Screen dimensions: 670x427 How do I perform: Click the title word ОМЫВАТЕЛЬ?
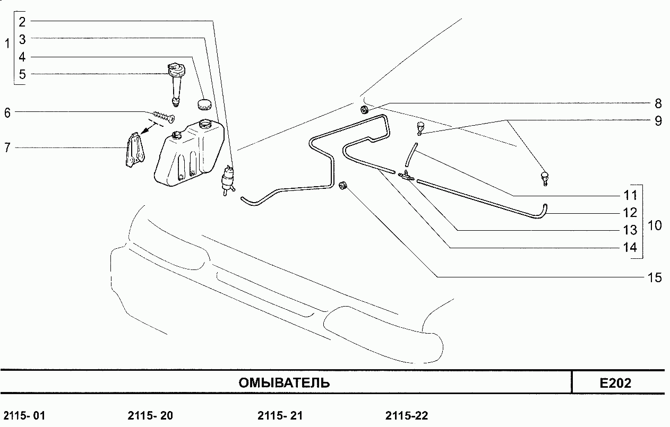click(x=284, y=383)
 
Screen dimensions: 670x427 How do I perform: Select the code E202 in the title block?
click(x=615, y=383)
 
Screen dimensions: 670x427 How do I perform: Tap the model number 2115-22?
click(x=407, y=416)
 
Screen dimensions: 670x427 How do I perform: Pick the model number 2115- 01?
click(x=24, y=416)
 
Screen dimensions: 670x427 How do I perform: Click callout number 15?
click(x=655, y=277)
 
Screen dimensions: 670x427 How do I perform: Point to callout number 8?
click(x=658, y=103)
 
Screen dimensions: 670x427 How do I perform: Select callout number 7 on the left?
click(x=7, y=147)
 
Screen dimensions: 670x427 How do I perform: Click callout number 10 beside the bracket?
click(x=655, y=225)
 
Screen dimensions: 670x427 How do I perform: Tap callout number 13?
click(x=630, y=230)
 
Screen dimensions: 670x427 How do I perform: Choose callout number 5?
click(x=22, y=74)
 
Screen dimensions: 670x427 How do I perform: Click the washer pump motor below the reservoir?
click(x=228, y=181)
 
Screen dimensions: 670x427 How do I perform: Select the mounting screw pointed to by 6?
click(x=164, y=117)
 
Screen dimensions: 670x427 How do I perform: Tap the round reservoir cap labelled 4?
click(x=204, y=104)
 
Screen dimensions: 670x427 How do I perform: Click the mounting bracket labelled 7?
click(x=135, y=150)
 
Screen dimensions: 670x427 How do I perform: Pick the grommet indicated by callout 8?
click(x=364, y=110)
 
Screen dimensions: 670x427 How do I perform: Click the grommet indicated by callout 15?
click(x=343, y=185)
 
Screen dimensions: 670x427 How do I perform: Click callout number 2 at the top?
click(x=22, y=22)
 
